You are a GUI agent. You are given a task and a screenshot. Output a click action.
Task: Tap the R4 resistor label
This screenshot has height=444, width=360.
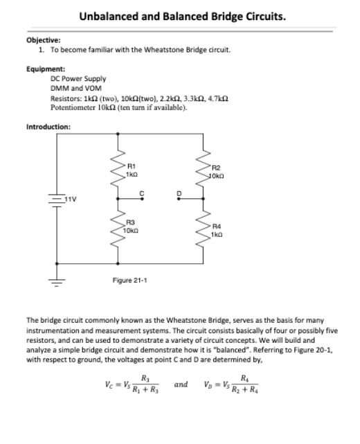click(215, 225)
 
